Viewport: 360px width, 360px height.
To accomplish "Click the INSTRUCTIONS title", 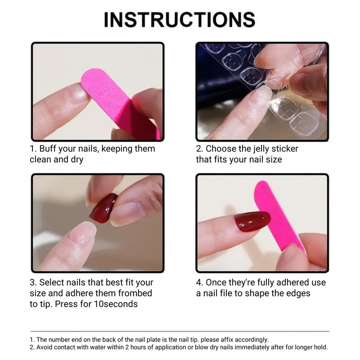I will [x=180, y=19].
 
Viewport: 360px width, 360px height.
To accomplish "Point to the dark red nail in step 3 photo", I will [x=103, y=207].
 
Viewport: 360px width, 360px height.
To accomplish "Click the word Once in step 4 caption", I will [x=216, y=283].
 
